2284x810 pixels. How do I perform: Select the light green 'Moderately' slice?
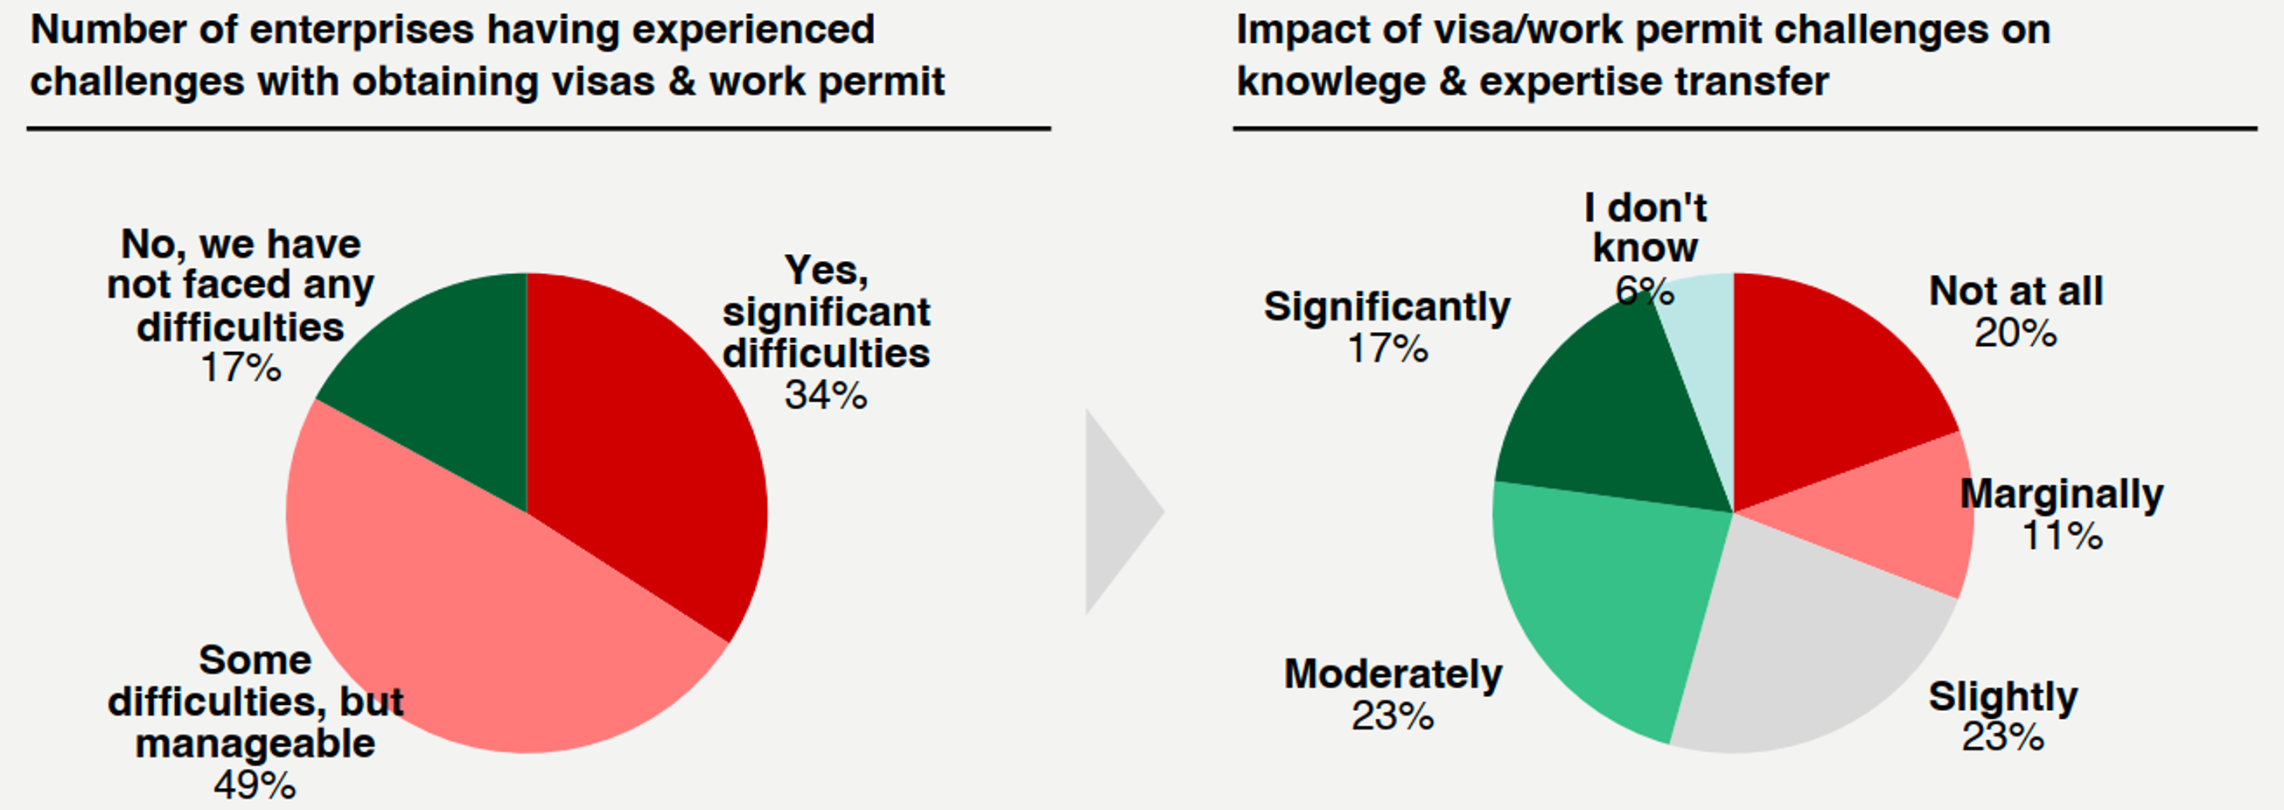(x=1605, y=603)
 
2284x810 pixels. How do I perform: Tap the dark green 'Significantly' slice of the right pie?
(x=1605, y=417)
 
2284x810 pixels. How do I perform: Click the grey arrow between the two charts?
(x=1117, y=512)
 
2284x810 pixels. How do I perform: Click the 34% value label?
(x=825, y=396)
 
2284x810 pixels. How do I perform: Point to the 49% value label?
(x=255, y=785)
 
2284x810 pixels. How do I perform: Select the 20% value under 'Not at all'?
(x=2015, y=334)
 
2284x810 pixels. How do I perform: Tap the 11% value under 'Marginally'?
(x=2062, y=536)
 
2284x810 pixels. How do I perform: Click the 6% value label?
(x=1645, y=291)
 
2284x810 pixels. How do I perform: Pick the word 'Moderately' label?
(x=1393, y=674)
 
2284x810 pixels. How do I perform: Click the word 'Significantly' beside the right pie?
(x=1386, y=307)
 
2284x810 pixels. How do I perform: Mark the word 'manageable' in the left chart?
(x=255, y=743)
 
